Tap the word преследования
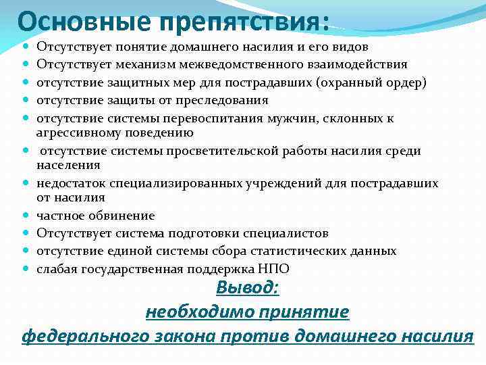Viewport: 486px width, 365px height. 228,100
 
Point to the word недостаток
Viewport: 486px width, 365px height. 68,183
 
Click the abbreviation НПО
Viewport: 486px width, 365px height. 276,268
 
